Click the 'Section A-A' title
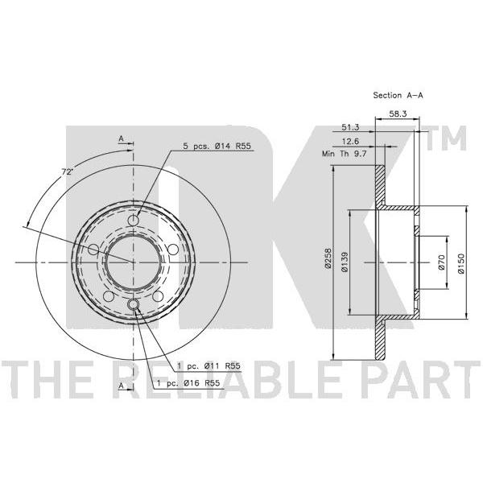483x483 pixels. (x=398, y=95)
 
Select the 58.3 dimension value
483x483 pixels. (x=398, y=114)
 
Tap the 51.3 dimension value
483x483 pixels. (x=350, y=127)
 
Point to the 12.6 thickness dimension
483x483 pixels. (x=351, y=142)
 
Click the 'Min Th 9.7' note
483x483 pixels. (x=344, y=154)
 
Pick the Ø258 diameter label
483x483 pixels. (x=328, y=258)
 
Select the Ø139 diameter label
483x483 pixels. (x=345, y=262)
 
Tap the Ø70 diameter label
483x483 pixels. (x=441, y=262)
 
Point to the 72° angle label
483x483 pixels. (x=67, y=172)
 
